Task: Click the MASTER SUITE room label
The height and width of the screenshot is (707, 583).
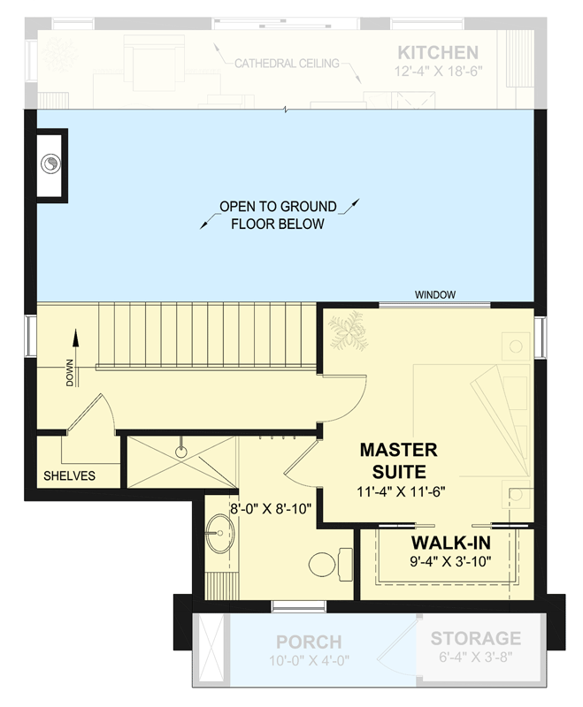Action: pos(398,460)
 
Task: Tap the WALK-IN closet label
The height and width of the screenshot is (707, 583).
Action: pos(451,541)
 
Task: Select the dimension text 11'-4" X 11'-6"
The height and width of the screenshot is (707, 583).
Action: pos(398,491)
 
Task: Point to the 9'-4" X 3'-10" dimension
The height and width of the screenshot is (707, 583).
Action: pos(451,560)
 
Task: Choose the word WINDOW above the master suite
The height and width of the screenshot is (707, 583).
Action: pos(435,294)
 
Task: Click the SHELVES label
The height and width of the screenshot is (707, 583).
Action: pos(69,475)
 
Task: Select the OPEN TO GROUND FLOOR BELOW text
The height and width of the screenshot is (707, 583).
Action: pos(278,215)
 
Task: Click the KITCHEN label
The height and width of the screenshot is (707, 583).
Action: pos(438,52)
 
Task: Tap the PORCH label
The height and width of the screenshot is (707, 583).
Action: pos(308,642)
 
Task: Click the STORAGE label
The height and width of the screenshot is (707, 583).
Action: pos(475,638)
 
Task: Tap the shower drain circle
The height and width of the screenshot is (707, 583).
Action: pos(180,452)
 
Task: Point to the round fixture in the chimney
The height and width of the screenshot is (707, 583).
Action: pos(51,163)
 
